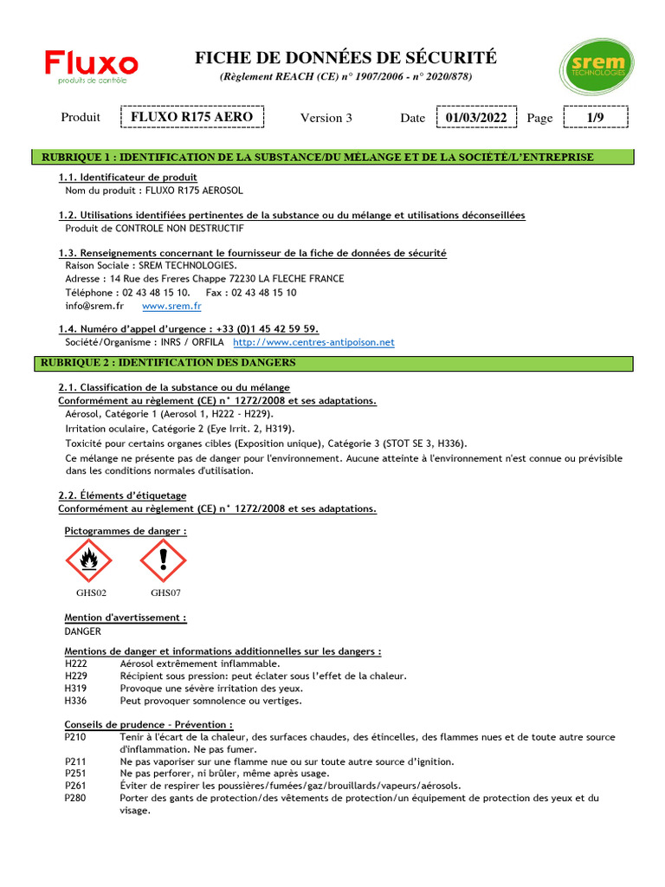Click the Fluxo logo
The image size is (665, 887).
[x=92, y=66]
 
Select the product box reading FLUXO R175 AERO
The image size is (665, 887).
[x=192, y=117]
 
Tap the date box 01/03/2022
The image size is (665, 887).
[x=476, y=117]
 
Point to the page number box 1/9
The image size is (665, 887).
[x=595, y=117]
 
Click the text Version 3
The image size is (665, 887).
[x=326, y=118]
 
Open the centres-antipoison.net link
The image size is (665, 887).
[x=314, y=342]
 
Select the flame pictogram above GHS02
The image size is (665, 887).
[x=89, y=560]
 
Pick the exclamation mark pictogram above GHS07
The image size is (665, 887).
[x=164, y=560]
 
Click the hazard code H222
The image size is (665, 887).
[x=75, y=664]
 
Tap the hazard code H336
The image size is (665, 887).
[x=75, y=700]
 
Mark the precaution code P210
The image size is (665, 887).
[x=75, y=737]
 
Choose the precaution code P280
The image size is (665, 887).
[x=75, y=798]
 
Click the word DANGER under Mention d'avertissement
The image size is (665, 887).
[x=83, y=631]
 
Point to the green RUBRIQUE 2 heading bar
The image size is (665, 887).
[x=338, y=362]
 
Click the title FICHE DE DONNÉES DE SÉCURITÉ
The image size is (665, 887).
[x=345, y=58]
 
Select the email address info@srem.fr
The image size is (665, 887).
[x=94, y=306]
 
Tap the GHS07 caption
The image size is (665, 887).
[x=165, y=593]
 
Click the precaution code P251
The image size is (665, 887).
[x=75, y=774]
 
